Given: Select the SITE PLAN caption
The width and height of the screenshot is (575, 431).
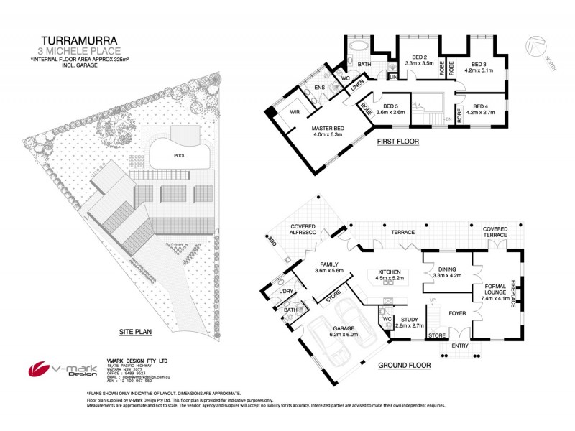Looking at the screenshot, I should pos(136,332).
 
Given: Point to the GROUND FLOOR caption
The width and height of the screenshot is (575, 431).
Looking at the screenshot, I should pos(404,365).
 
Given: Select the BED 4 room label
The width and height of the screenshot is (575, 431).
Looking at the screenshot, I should pos(480,107).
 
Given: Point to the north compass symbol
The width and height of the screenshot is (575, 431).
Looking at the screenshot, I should pos(535,48).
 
